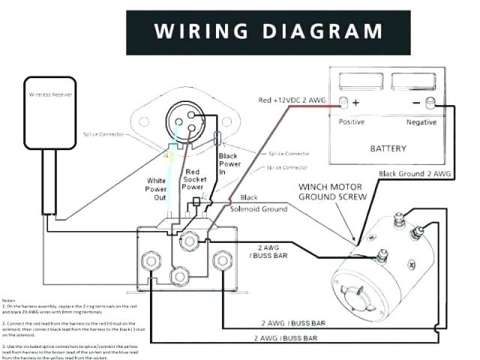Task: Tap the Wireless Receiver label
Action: point(48,95)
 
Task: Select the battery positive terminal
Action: point(343,101)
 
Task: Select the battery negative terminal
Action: point(430,101)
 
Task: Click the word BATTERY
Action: point(388,148)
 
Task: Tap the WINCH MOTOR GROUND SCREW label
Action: point(333,191)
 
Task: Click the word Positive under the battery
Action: point(352,121)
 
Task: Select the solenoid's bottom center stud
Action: point(178,277)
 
